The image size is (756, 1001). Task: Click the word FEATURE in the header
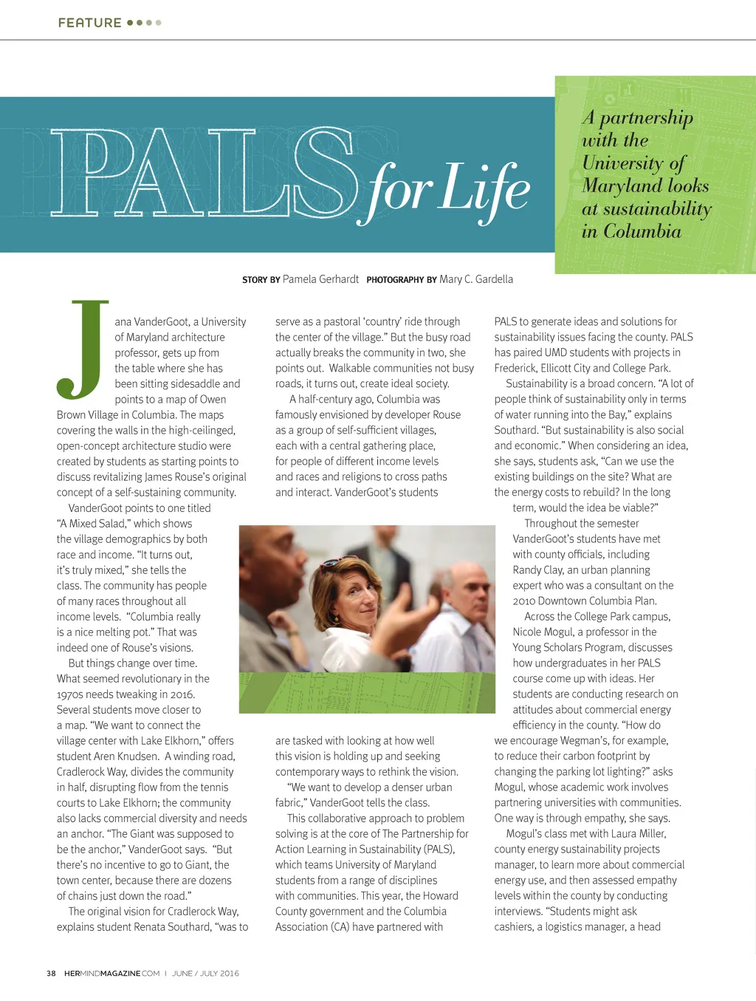(x=89, y=23)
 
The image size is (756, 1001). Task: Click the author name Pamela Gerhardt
(x=320, y=279)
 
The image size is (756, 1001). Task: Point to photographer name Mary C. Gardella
(x=475, y=279)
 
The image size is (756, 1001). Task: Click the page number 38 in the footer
(x=51, y=973)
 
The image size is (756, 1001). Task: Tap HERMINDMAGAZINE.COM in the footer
(x=111, y=973)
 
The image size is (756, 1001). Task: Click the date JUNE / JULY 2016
(x=205, y=973)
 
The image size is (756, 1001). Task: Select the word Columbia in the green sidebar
(x=642, y=231)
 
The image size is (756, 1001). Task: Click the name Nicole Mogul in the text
(x=543, y=632)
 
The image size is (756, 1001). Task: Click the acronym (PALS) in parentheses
(x=436, y=849)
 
